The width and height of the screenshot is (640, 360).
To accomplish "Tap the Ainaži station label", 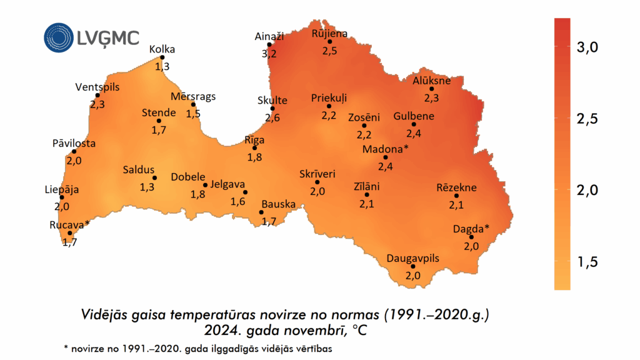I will (x=269, y=37).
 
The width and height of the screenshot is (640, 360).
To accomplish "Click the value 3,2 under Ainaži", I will (x=269, y=54).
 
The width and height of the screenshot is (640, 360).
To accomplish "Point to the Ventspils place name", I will (x=97, y=87).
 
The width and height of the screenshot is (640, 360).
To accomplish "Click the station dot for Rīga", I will (x=254, y=148).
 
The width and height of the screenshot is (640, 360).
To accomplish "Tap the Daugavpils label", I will (x=413, y=258).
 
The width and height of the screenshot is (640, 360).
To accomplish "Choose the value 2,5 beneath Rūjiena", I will (x=330, y=51).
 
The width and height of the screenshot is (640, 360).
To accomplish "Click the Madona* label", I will (x=385, y=149).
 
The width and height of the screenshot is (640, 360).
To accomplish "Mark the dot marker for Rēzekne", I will (x=456, y=196).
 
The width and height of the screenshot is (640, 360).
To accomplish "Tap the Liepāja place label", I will (x=62, y=189).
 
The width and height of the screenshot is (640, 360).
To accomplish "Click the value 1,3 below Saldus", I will (x=147, y=187).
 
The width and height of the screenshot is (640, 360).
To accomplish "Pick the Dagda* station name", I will (x=471, y=228).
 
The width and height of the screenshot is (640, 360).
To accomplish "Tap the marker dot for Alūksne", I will (x=431, y=89).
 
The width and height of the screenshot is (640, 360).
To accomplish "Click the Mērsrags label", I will (x=193, y=96).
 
